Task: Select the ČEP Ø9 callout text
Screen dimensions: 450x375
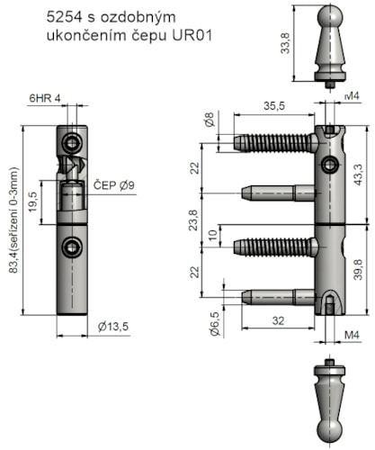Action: tap(114, 186)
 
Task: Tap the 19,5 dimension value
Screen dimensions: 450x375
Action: tap(33, 199)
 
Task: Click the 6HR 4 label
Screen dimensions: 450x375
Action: tap(46, 96)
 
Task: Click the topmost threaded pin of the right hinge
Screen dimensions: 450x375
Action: tap(274, 142)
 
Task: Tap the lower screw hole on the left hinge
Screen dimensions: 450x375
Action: tap(70, 247)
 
